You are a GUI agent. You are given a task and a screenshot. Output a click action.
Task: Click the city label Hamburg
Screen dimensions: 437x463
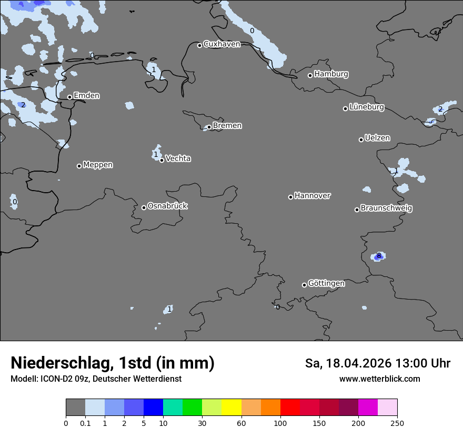point(331,74)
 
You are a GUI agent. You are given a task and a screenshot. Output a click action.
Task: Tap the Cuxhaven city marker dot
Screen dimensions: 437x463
point(199,45)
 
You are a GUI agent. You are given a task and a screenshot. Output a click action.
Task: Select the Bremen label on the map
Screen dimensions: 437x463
point(227,126)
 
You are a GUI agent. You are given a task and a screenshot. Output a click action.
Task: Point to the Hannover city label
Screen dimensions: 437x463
point(312,196)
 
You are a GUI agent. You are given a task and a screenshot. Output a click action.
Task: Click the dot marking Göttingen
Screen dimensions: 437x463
point(304,285)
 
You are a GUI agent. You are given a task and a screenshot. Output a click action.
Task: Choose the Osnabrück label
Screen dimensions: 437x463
point(167,206)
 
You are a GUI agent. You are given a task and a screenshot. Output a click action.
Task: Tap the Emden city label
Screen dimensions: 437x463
point(86,96)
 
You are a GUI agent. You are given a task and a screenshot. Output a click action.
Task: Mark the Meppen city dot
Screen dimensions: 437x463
point(79,166)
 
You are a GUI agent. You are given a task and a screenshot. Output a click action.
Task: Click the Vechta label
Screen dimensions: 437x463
point(178,158)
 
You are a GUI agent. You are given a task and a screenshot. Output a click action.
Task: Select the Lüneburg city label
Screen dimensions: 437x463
point(366,107)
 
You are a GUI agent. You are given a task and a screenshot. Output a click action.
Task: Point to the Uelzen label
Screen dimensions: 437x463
point(377,138)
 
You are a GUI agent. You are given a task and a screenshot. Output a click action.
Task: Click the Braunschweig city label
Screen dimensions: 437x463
point(386,208)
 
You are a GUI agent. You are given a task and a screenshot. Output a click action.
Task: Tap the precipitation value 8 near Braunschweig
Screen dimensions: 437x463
point(378,256)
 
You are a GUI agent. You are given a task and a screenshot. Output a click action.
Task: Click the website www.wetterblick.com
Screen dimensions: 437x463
point(379,379)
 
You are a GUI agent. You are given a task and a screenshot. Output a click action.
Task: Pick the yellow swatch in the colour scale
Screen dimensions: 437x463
point(231,408)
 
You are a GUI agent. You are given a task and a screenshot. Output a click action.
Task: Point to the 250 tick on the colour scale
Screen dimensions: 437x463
point(397,423)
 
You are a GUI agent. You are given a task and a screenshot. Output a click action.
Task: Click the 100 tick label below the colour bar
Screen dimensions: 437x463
point(280,423)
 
